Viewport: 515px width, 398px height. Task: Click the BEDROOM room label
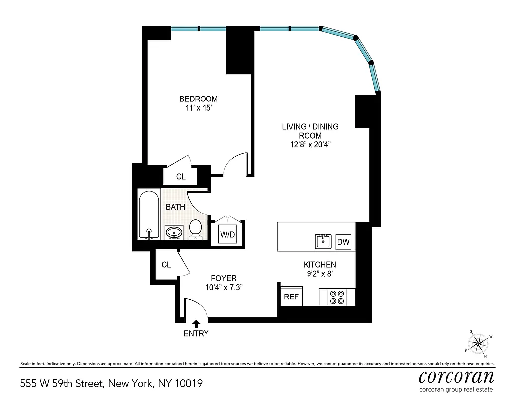(199, 99)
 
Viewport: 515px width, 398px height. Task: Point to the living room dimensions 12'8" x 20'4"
(310, 145)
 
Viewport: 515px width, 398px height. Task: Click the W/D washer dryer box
(228, 234)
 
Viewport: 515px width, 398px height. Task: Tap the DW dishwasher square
(343, 242)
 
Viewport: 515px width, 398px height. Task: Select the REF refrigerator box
(291, 297)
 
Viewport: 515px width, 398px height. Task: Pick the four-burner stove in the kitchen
(337, 298)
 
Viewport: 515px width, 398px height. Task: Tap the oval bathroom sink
(174, 232)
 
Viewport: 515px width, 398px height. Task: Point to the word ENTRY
(196, 334)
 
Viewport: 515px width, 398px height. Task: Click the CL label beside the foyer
(166, 265)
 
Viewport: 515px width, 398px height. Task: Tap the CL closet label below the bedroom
(181, 177)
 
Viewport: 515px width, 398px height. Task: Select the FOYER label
(223, 278)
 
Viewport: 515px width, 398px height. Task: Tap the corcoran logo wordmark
(456, 376)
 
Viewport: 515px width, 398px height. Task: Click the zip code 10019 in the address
(189, 384)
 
